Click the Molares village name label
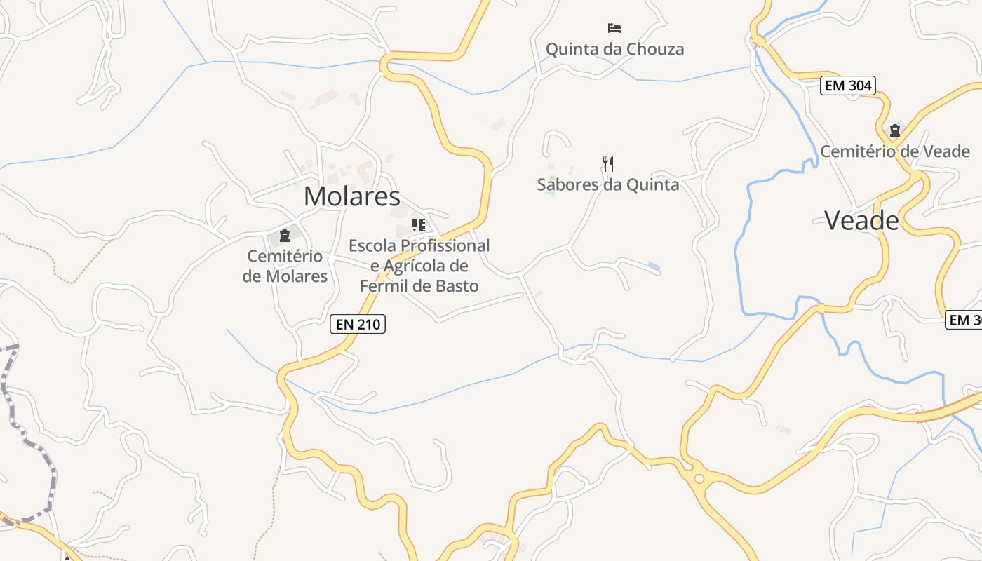[x=351, y=196]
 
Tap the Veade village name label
[x=861, y=221]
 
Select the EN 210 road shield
[x=358, y=324]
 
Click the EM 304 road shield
[x=848, y=86]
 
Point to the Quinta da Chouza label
[x=614, y=49]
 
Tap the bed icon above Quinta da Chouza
[x=614, y=28]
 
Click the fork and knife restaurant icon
[x=608, y=164]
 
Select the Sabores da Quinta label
[x=608, y=184]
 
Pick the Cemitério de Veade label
[x=895, y=151]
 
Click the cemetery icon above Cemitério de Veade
[x=895, y=130]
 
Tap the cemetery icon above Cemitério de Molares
[x=285, y=235]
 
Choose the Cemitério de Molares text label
[x=285, y=266]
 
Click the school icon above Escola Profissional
[x=419, y=225]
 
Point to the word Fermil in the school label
[x=384, y=286]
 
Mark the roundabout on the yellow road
[x=699, y=479]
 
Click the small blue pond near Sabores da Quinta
[x=654, y=266]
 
